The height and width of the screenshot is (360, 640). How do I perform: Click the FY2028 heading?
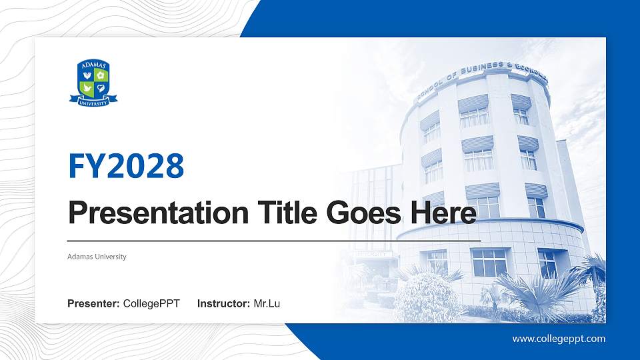(126, 166)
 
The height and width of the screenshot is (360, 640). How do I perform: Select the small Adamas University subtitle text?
(97, 257)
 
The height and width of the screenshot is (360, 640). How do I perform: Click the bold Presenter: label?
(93, 304)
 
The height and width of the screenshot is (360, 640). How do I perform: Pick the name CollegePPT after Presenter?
(151, 304)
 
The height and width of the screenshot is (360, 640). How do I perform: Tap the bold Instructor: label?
(224, 304)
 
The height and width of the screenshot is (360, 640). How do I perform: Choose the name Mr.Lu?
(267, 304)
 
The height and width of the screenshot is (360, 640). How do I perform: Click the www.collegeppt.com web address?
(559, 339)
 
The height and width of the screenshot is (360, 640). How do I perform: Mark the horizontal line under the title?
(273, 239)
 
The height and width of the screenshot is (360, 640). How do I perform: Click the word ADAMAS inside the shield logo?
(93, 65)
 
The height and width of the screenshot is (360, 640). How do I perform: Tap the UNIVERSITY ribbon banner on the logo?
(93, 101)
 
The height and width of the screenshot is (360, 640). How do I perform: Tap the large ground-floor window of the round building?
(489, 263)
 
